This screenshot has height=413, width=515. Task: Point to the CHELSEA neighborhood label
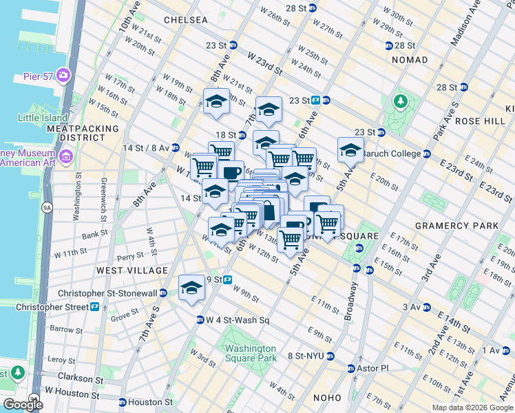[x=185, y=20]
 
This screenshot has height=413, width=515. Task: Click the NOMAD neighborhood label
[x=410, y=61]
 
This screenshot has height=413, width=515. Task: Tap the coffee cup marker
[x=232, y=171]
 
